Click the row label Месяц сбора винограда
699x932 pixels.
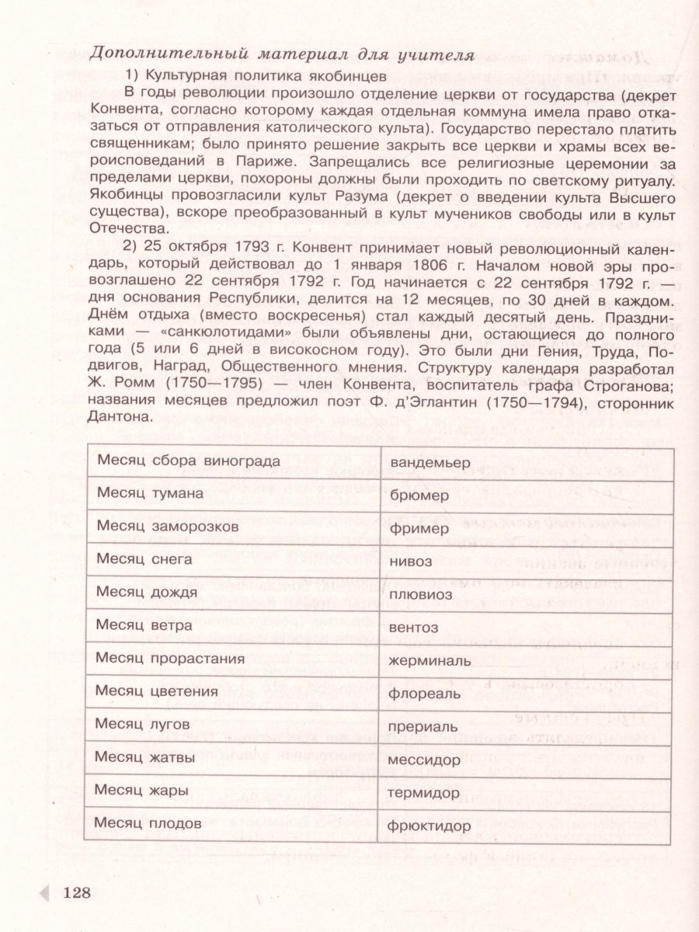[188, 461]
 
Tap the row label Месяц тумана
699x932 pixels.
[150, 493]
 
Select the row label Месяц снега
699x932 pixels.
[146, 558]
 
